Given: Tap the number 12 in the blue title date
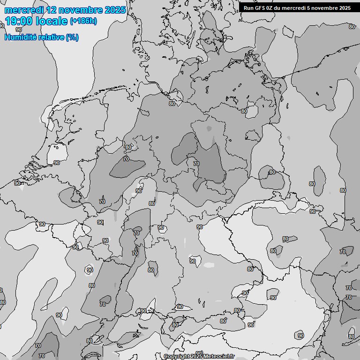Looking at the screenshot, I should coord(52,10).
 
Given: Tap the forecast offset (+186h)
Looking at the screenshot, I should coord(83,21).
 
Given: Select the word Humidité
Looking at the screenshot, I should coord(20,37).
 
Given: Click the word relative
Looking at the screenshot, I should coord(50,37).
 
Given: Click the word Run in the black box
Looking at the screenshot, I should coord(249,8).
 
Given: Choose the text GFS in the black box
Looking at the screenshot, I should coord(261,8).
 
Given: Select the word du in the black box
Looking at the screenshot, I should coord(281,8).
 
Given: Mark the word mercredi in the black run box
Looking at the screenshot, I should coord(297,8).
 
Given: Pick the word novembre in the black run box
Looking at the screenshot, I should coord(327,8).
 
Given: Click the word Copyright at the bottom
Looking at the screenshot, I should coord(176,356).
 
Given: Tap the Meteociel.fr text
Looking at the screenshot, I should coord(218,356).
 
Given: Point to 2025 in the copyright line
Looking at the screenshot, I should coord(196,356).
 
